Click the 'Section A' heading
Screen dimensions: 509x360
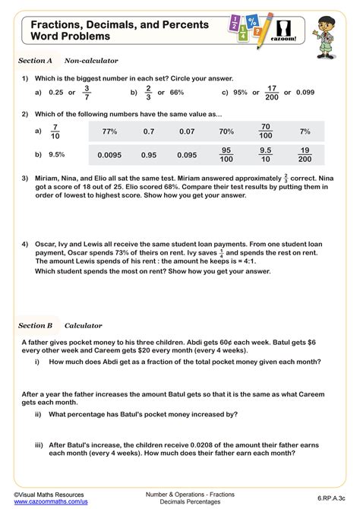pyautogui.click(x=35, y=60)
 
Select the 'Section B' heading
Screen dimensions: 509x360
pyautogui.click(x=35, y=325)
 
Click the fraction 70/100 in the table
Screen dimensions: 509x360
pyautogui.click(x=265, y=131)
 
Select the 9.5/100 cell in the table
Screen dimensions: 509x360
pyautogui.click(x=265, y=154)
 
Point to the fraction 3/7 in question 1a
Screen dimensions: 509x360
pyautogui.click(x=87, y=93)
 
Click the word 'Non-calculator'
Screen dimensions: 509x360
pyautogui.click(x=91, y=60)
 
